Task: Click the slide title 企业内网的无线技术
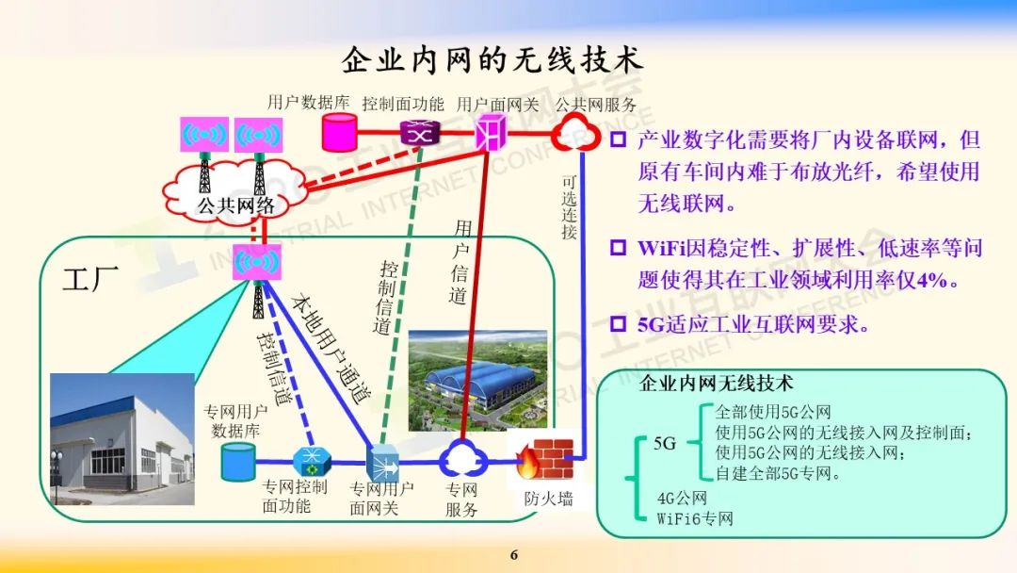(x=492, y=60)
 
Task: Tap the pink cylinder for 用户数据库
(x=340, y=133)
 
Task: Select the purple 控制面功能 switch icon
(x=415, y=133)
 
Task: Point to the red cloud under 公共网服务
(x=574, y=133)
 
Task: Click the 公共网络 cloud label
(x=235, y=205)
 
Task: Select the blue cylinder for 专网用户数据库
(x=237, y=463)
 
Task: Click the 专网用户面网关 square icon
(x=380, y=462)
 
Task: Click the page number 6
(x=514, y=554)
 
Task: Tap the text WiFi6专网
(x=695, y=518)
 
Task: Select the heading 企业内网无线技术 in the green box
(x=717, y=384)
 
